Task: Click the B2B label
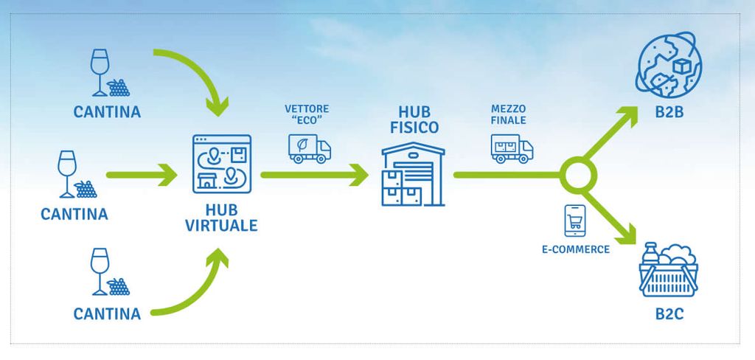[667, 113]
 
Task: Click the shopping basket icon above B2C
[669, 270]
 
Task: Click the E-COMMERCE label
[575, 249]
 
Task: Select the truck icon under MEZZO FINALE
[511, 148]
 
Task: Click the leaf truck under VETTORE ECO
[309, 148]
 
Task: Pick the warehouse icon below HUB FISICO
[414, 174]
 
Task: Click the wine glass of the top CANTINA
[97, 72]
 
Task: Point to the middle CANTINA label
[74, 215]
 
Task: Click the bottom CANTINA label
[107, 314]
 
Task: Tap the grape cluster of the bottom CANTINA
[118, 286]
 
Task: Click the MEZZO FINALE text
[508, 114]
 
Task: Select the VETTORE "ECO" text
[307, 114]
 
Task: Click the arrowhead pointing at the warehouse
[359, 175]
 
